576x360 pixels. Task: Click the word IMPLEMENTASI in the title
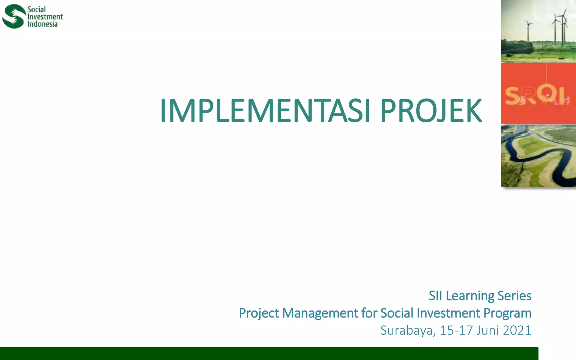coord(264,111)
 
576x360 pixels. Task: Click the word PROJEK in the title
coord(431,111)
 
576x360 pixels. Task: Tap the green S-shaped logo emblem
coord(13,16)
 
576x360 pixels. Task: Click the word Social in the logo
coord(36,9)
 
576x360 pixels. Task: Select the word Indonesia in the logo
coord(42,24)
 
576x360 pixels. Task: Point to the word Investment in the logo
coord(45,17)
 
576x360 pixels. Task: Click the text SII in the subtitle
coord(435,296)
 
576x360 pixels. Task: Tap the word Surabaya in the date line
coord(408,330)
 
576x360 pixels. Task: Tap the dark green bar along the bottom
coord(267,354)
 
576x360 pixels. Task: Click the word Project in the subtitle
coord(259,313)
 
